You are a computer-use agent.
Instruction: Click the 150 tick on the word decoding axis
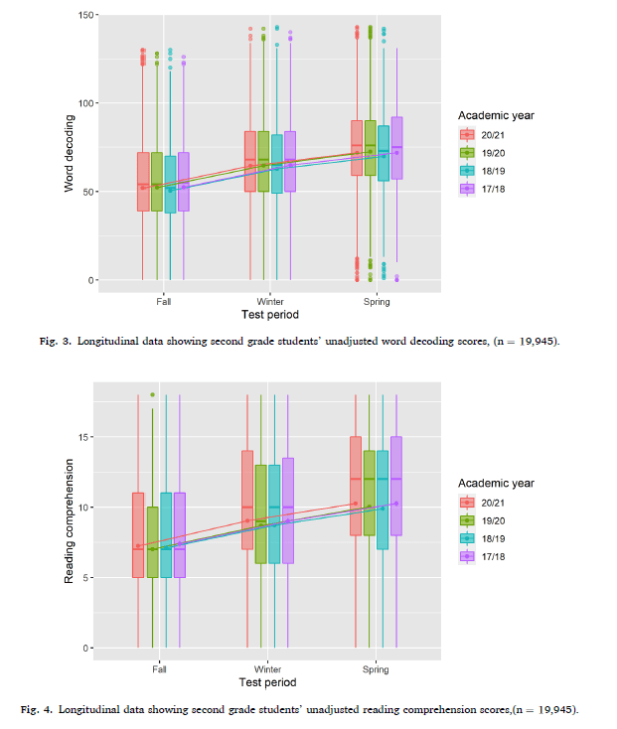(86, 15)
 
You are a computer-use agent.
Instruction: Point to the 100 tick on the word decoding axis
(86, 103)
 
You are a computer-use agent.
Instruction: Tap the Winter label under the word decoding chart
(269, 302)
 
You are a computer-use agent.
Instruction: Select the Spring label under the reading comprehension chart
(376, 669)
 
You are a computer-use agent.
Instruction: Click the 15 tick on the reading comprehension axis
(83, 437)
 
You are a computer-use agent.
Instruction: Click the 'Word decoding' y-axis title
(69, 153)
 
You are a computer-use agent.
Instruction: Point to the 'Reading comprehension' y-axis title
(69, 521)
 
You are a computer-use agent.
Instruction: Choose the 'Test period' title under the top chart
(270, 315)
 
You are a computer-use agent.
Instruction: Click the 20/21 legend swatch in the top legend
(467, 135)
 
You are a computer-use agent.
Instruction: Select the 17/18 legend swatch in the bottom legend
(467, 556)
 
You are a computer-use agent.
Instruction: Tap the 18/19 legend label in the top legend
(493, 171)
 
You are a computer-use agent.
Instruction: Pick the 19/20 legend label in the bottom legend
(493, 520)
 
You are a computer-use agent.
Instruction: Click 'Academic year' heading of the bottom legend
(496, 484)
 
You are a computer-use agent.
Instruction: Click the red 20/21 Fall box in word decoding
(143, 182)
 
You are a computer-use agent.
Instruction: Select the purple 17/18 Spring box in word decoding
(396, 148)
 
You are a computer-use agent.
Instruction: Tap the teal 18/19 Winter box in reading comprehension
(274, 514)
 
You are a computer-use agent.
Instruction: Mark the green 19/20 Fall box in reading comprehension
(152, 542)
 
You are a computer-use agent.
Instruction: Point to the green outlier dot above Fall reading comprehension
(152, 394)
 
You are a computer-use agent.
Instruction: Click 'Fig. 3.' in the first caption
(56, 342)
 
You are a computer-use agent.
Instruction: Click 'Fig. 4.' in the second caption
(37, 709)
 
